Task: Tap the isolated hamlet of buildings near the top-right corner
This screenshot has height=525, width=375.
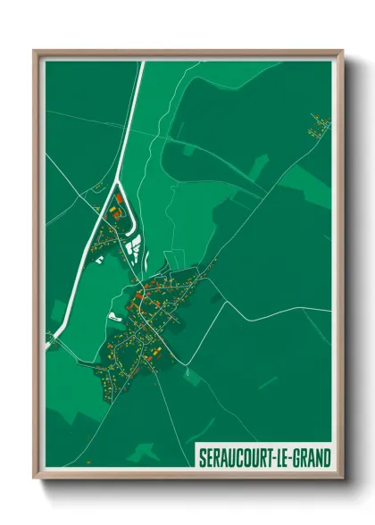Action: click(x=319, y=124)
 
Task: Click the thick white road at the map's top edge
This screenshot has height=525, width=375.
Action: click(x=139, y=71)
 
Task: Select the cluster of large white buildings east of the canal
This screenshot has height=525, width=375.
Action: click(x=132, y=243)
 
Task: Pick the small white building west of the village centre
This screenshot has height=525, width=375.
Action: click(x=113, y=315)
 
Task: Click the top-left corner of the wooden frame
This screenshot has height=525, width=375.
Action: click(x=35, y=51)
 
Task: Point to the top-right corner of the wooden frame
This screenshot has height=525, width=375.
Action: click(x=342, y=51)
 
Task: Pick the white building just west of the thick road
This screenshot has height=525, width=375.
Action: click(x=100, y=259)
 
